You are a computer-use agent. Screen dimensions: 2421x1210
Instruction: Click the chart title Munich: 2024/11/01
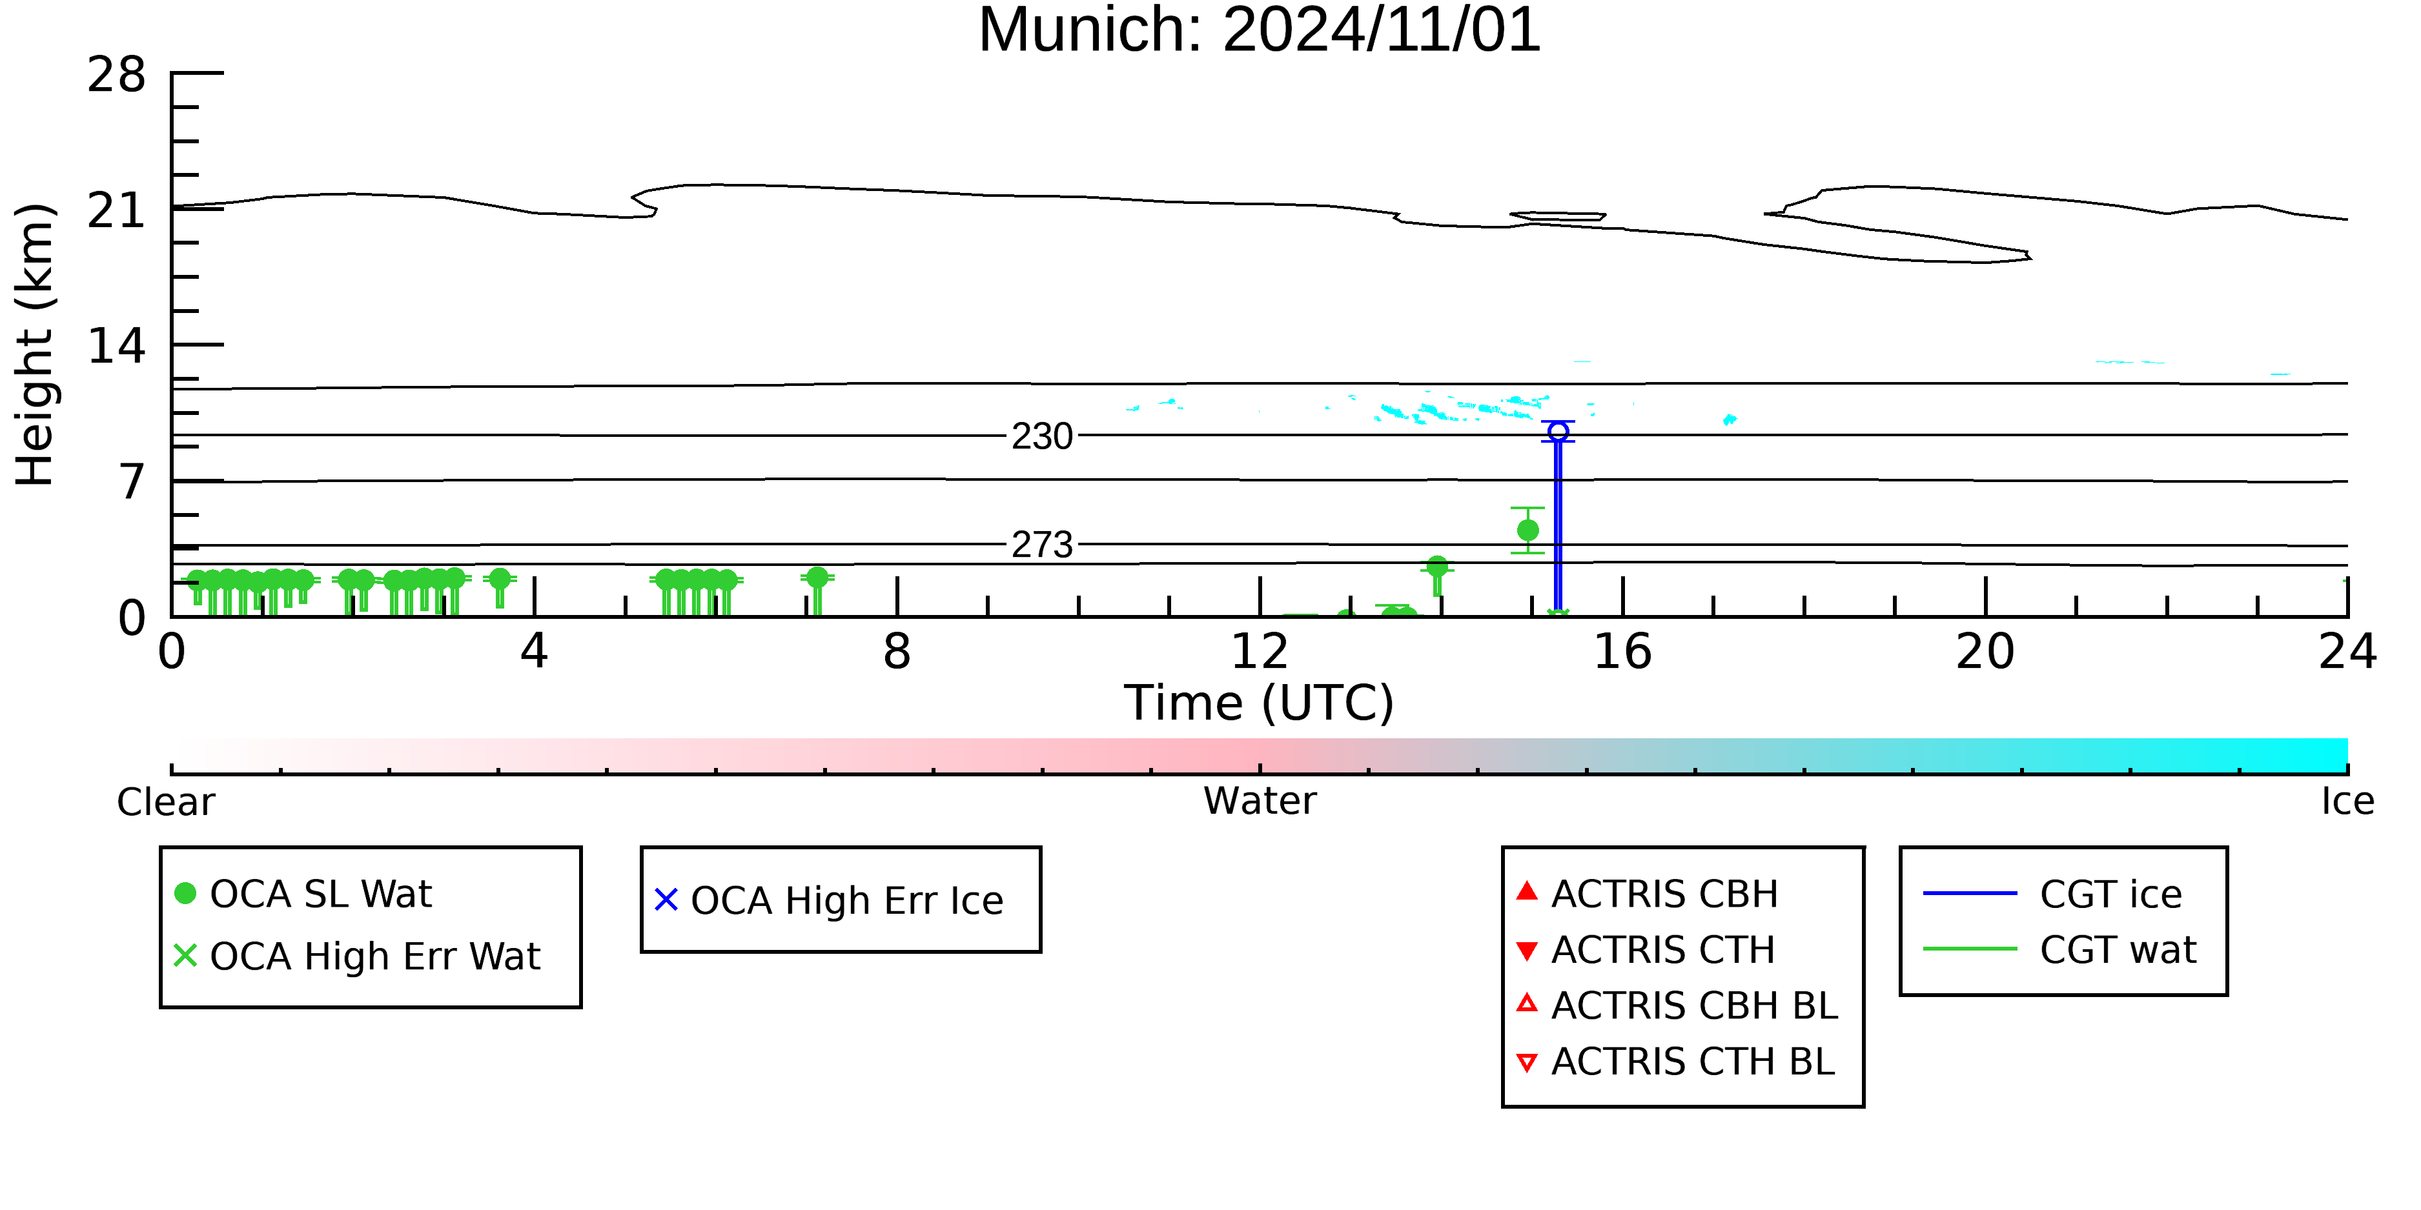coord(1260,30)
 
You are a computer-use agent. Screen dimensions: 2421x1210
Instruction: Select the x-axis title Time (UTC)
coord(1260,703)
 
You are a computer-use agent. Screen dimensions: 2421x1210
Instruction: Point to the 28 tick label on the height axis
coord(117,74)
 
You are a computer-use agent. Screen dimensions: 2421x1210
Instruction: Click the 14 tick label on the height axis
coord(117,346)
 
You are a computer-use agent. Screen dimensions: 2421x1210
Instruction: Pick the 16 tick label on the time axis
coord(1622,652)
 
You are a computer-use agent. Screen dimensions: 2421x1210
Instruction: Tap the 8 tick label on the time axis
coord(897,652)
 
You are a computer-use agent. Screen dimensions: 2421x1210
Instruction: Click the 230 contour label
coord(1042,436)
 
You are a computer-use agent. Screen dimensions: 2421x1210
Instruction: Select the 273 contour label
coord(1042,544)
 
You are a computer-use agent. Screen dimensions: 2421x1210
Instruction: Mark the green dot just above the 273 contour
coord(1528,530)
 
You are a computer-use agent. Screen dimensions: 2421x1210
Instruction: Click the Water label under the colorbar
coord(1260,802)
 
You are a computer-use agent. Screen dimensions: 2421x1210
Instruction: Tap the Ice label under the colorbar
coord(2347,802)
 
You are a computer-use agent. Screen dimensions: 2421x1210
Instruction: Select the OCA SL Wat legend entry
coord(303,893)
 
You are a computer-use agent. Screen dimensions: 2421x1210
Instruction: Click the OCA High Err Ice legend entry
coord(829,900)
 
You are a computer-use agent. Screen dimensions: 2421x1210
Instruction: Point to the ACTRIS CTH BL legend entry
coord(1676,1062)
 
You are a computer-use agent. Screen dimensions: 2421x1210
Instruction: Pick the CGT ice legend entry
coord(2052,893)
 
